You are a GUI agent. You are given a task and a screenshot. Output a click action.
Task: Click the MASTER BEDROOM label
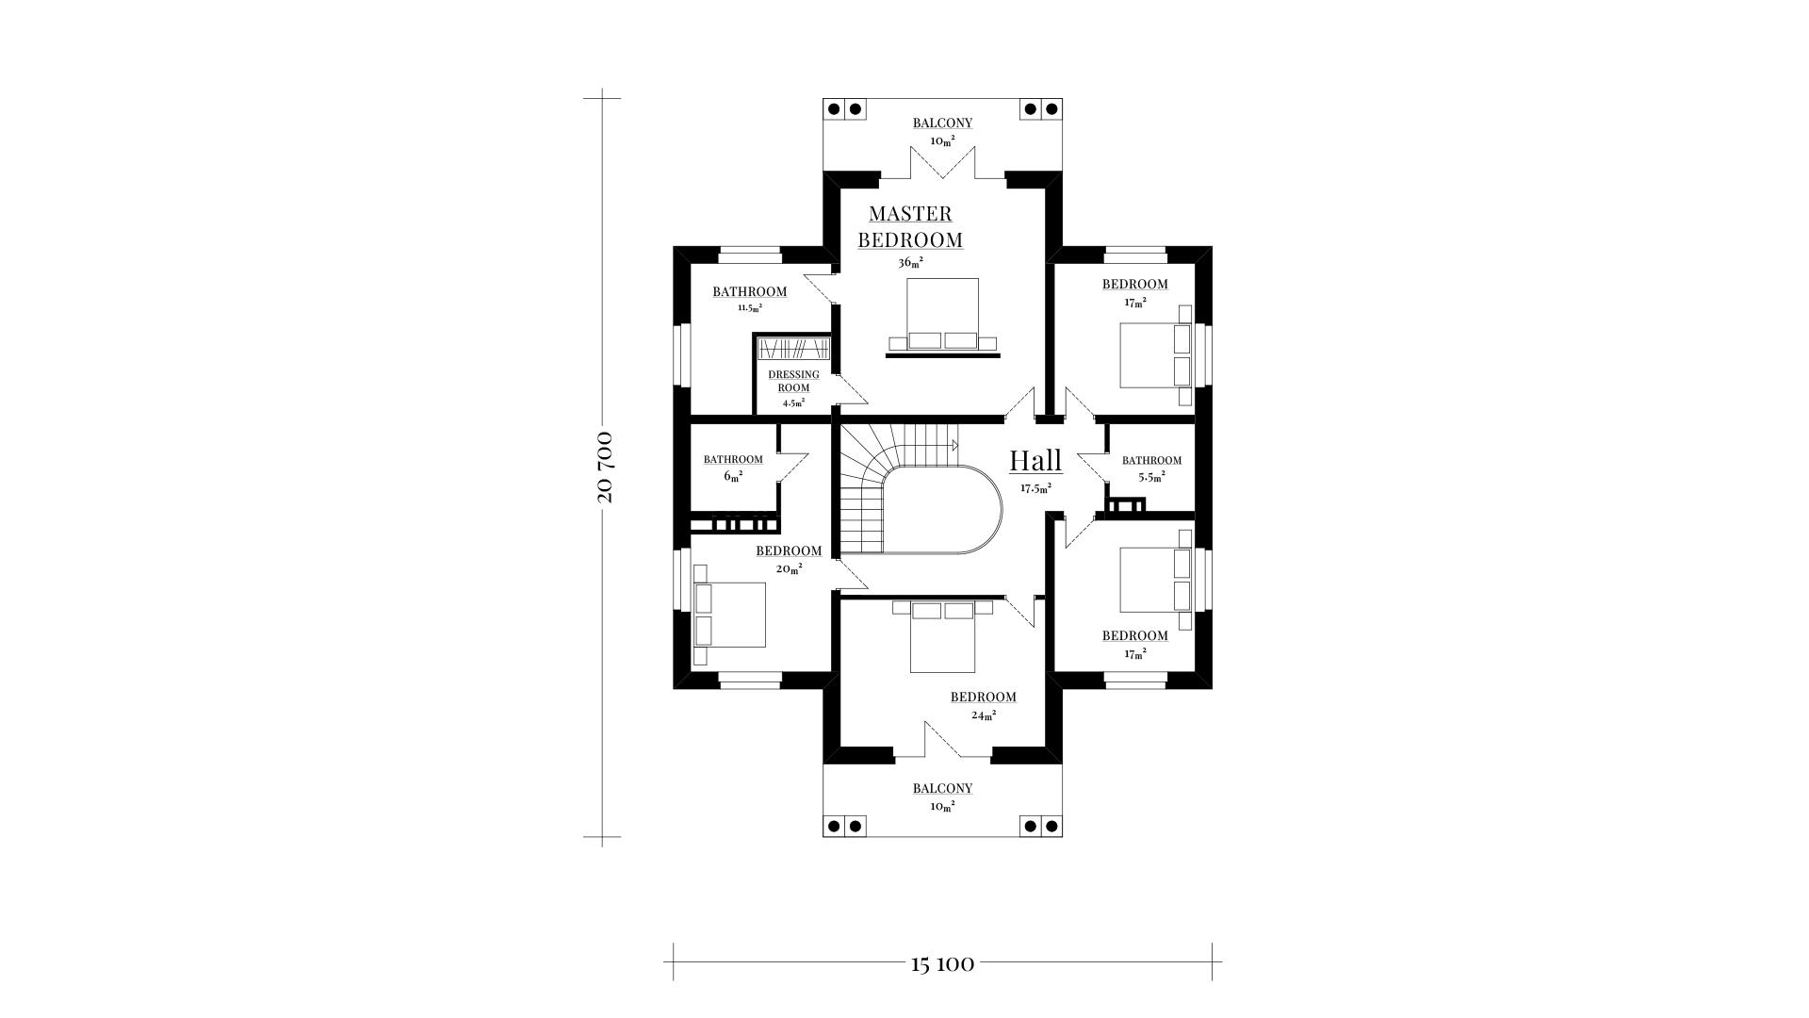pos(910,227)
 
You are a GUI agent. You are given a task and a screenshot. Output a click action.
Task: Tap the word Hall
pos(1035,461)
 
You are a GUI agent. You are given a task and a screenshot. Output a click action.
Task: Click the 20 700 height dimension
pos(604,467)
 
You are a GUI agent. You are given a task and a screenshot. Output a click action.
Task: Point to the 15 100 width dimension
pos(942,964)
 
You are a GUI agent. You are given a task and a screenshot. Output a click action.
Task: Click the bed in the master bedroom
pos(942,315)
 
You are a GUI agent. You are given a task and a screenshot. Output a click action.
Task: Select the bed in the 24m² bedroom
pos(942,636)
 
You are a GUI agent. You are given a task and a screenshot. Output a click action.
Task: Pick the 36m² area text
pos(910,263)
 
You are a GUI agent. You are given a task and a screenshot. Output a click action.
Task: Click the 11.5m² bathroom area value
pos(750,307)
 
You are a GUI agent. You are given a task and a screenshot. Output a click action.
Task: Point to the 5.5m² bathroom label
pos(1151,468)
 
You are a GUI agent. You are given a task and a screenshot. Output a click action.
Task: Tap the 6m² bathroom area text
pos(733,476)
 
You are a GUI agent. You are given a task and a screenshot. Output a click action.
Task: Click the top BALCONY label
pos(942,123)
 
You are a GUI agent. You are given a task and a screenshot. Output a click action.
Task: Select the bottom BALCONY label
pos(942,789)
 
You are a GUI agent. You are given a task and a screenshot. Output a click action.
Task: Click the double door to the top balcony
pos(942,162)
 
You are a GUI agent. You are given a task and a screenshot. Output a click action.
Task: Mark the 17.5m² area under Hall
pos(1035,488)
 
